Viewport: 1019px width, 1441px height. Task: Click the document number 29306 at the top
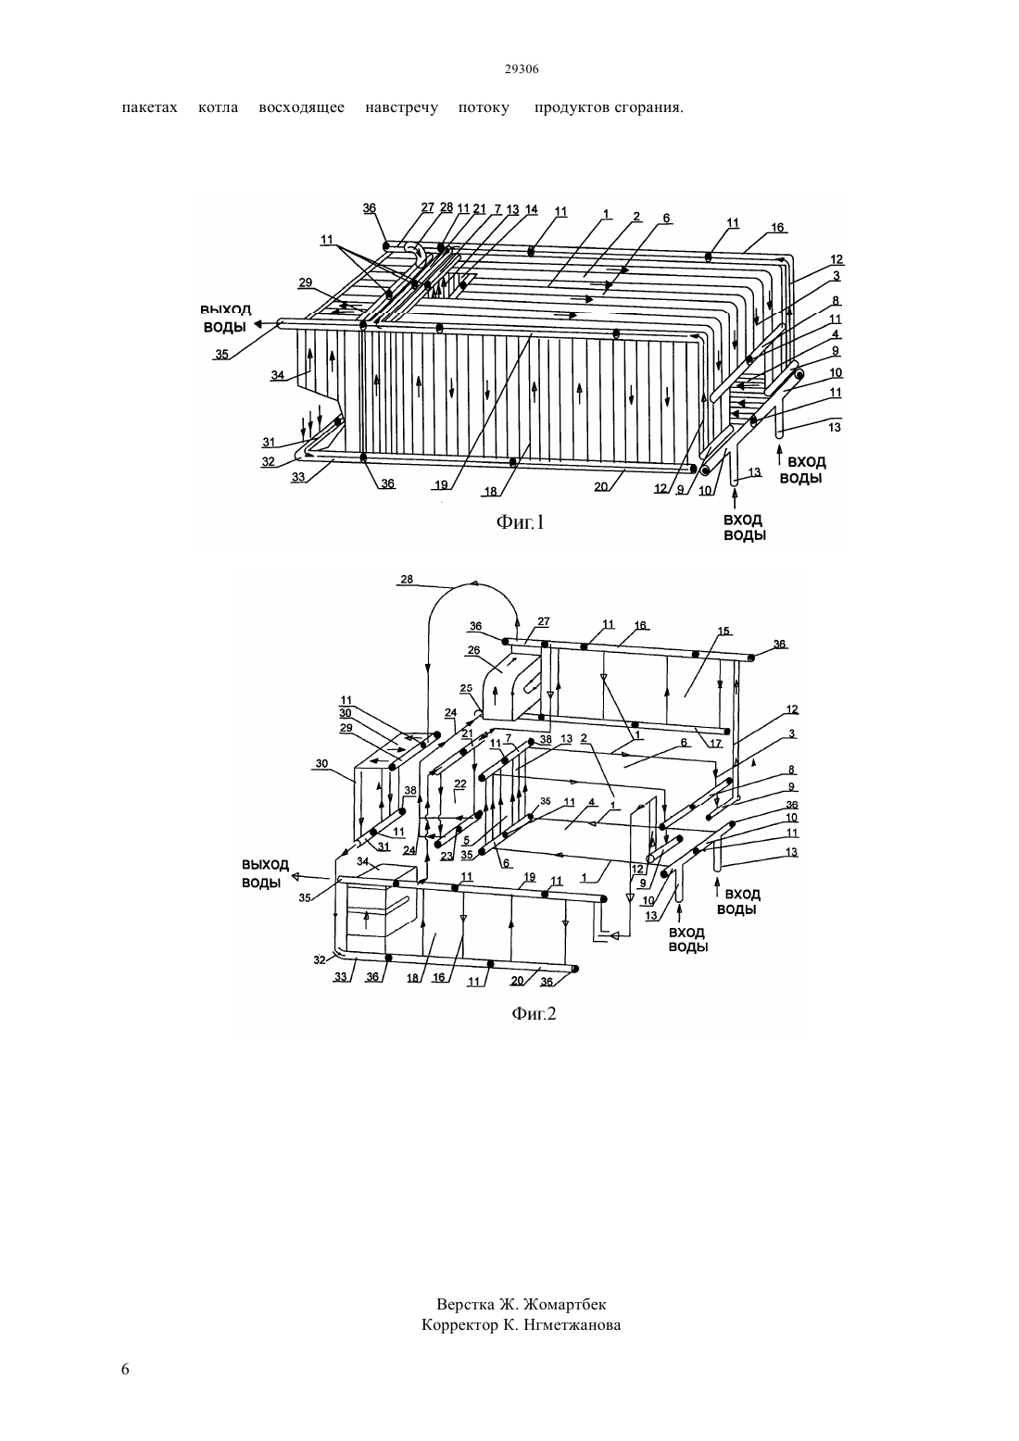[x=521, y=69]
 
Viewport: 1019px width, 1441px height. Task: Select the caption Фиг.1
[x=520, y=521]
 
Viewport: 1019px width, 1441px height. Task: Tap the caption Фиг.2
[x=534, y=1014]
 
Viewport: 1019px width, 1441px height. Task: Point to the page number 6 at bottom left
[x=125, y=1369]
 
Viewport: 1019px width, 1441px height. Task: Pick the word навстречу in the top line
[x=401, y=107]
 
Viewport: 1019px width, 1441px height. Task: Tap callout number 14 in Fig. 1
[x=531, y=209]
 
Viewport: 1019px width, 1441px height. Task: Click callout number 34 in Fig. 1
[x=277, y=375]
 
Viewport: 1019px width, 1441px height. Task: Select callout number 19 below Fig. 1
[x=441, y=485]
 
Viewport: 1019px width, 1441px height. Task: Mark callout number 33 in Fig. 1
[x=298, y=477]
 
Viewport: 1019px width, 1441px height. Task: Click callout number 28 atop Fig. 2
[x=407, y=579]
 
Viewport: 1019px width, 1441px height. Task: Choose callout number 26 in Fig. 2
[x=473, y=650]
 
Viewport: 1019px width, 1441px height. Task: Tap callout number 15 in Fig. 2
[x=723, y=631]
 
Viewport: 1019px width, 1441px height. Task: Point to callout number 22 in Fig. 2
[x=460, y=783]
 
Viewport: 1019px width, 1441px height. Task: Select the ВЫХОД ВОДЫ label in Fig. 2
[x=265, y=873]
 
